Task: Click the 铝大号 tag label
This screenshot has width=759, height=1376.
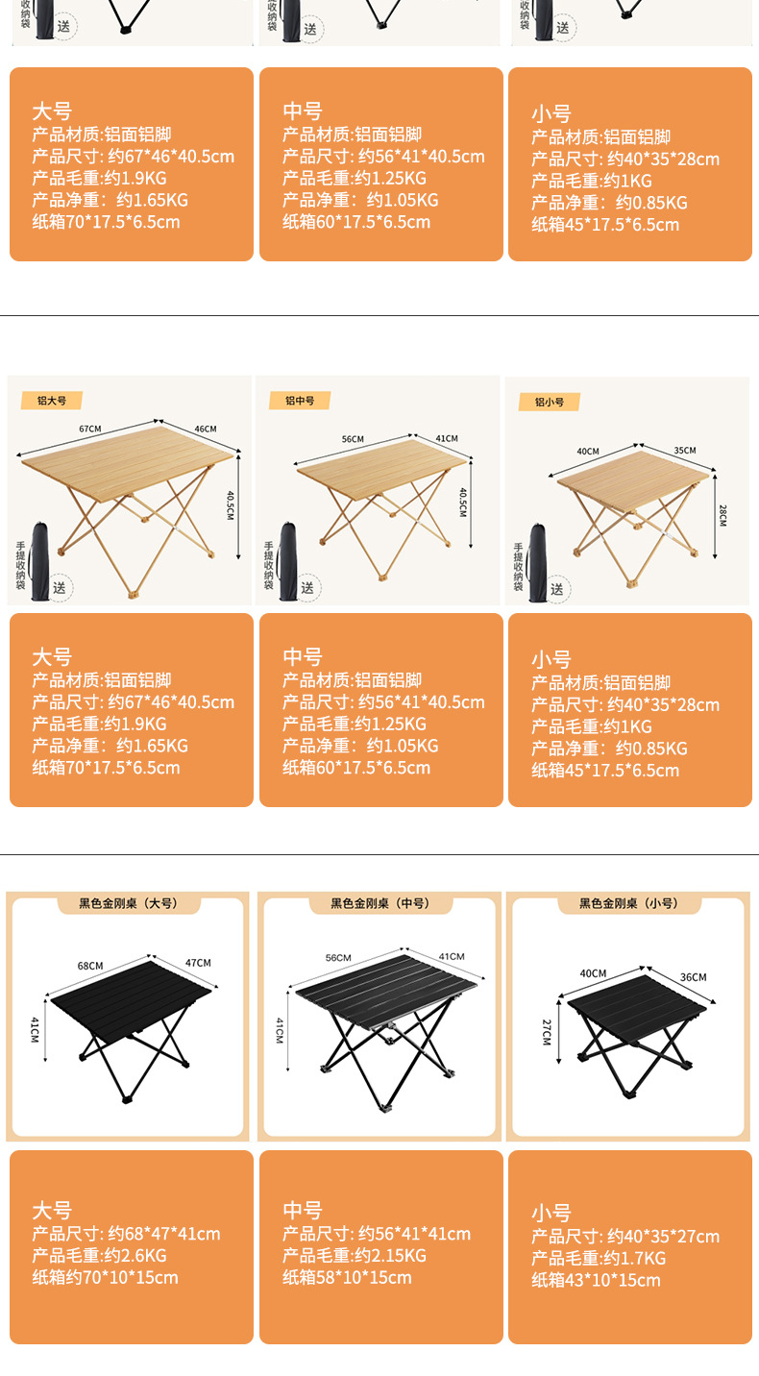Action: [52, 401]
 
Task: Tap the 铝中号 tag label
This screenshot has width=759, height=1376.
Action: [300, 401]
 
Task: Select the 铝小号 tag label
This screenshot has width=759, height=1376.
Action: [549, 403]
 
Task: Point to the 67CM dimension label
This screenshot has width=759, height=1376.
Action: [90, 429]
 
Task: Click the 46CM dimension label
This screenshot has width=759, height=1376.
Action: [206, 429]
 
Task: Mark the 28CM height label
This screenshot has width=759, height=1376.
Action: [722, 515]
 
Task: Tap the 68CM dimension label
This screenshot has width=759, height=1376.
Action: [90, 966]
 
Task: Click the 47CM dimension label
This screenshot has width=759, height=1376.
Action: [198, 963]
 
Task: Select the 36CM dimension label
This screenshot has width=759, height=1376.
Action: [694, 976]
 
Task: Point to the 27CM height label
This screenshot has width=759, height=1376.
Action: [547, 1032]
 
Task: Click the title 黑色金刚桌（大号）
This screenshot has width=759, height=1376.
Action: [129, 903]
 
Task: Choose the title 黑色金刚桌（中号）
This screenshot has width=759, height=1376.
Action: [380, 903]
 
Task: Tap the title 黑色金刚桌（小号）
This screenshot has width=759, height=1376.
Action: [628, 903]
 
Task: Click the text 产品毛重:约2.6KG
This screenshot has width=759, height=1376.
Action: [100, 1256]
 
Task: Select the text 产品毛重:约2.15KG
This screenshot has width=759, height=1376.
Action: [355, 1256]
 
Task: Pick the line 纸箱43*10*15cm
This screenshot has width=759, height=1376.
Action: [596, 1280]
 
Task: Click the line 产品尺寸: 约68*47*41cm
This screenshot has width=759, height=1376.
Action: [126, 1234]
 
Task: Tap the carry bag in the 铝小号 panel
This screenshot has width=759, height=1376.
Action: [537, 562]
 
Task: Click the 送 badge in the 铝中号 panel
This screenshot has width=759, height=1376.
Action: [307, 588]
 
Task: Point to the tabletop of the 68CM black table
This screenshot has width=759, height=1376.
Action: [131, 998]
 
